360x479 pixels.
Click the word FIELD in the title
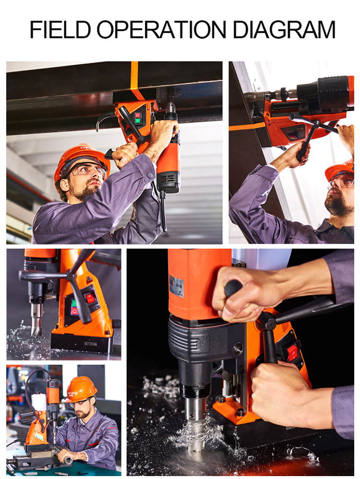pos(60,29)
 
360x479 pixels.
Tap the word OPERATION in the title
pos(161,29)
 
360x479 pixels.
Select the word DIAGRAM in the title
pos(284,29)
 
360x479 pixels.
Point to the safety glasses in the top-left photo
pos(89,169)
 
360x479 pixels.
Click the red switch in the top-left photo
pos(137,115)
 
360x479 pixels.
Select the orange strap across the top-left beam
pos(135,81)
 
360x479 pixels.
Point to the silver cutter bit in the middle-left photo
pos(36,319)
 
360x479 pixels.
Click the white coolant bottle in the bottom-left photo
pos(39,401)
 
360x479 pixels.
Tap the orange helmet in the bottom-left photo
pos(81,388)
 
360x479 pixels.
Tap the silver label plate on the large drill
pos(176,286)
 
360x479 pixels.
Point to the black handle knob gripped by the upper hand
pos(233,288)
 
